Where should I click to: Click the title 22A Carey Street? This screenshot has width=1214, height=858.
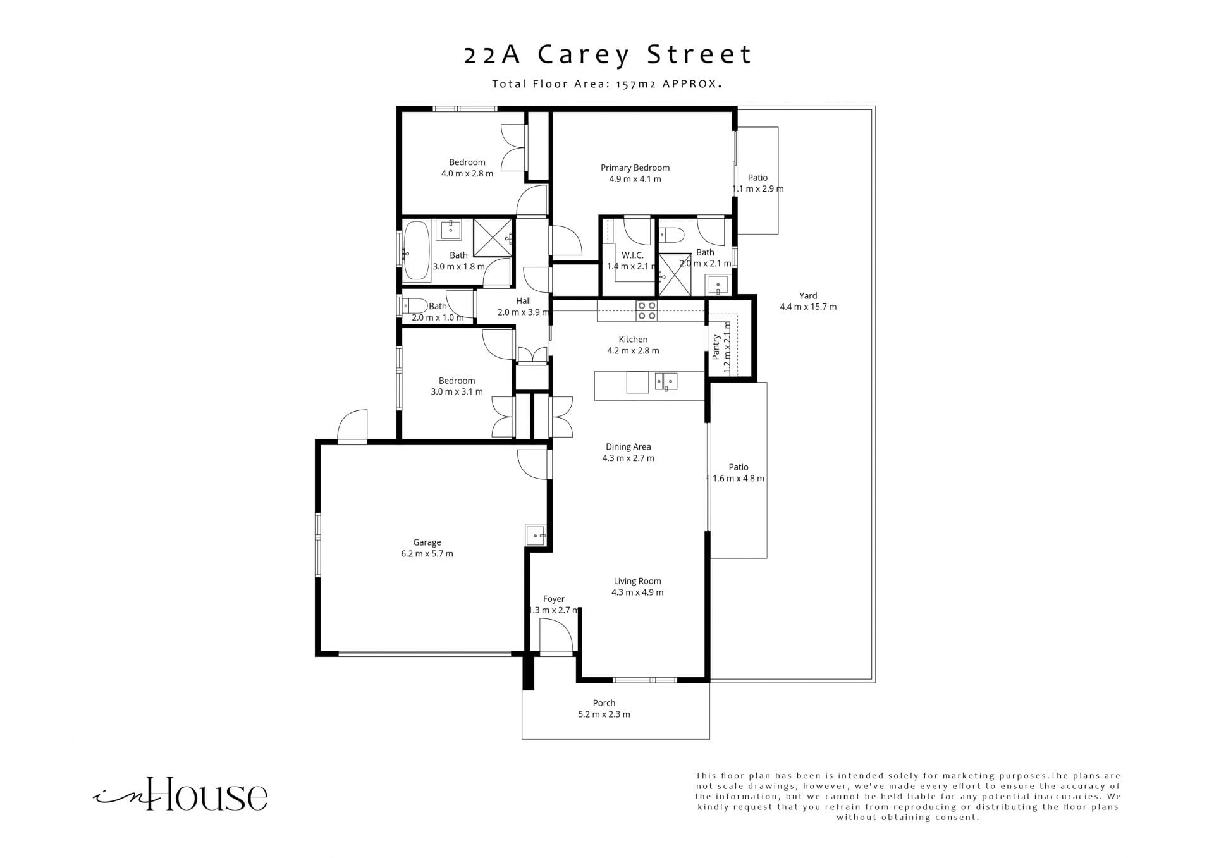[x=608, y=55]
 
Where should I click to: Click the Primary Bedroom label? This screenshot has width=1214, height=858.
[x=635, y=168]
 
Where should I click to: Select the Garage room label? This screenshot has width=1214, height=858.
[x=427, y=542]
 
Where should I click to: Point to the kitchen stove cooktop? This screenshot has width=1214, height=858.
[x=647, y=310]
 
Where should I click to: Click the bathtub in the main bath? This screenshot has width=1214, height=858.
[x=416, y=250]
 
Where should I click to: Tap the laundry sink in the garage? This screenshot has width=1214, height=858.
[x=536, y=536]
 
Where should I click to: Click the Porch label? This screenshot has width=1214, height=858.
[x=604, y=703]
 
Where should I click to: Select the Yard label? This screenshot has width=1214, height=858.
[x=808, y=296]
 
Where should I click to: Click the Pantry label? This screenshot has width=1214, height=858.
[x=716, y=347]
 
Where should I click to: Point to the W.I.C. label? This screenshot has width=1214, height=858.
[x=632, y=255]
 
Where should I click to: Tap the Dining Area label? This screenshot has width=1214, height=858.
[x=628, y=447]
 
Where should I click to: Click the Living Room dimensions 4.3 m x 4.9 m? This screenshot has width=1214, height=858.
[x=637, y=592]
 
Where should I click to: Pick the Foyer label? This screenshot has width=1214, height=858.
[x=553, y=599]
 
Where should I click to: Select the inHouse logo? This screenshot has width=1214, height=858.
[x=180, y=795]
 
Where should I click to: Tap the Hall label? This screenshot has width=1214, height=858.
[x=524, y=301]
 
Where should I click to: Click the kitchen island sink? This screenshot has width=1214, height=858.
[x=666, y=382]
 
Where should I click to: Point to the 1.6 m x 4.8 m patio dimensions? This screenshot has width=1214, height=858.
[x=739, y=479]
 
